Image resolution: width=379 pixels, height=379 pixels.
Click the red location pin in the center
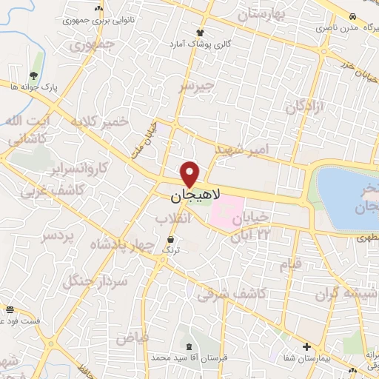pos(191,174)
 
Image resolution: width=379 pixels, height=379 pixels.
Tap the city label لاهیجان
pos(191,195)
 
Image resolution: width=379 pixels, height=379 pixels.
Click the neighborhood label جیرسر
pos(196,87)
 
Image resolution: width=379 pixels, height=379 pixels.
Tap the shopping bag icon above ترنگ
pos(172,239)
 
